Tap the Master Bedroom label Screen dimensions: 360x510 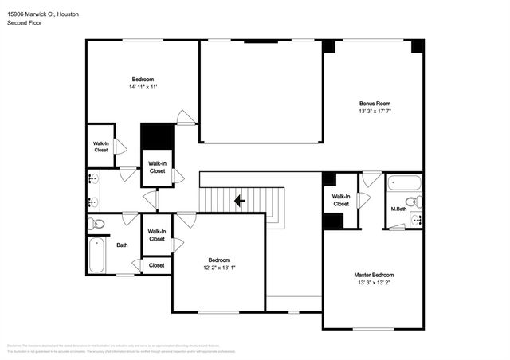(x=374, y=275)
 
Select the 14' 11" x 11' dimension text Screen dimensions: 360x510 (x=143, y=87)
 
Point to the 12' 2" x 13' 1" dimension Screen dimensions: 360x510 (x=218, y=268)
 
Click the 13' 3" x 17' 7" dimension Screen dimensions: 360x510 (x=374, y=112)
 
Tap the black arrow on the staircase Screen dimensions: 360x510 (x=239, y=201)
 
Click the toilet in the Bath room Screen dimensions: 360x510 (x=96, y=224)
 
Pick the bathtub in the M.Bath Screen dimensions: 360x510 (x=402, y=184)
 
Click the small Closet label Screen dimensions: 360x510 (x=156, y=265)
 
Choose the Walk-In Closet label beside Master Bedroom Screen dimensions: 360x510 (x=341, y=199)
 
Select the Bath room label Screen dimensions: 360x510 (x=122, y=245)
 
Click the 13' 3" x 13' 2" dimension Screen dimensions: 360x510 (x=374, y=283)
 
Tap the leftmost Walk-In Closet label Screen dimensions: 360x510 (x=101, y=147)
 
